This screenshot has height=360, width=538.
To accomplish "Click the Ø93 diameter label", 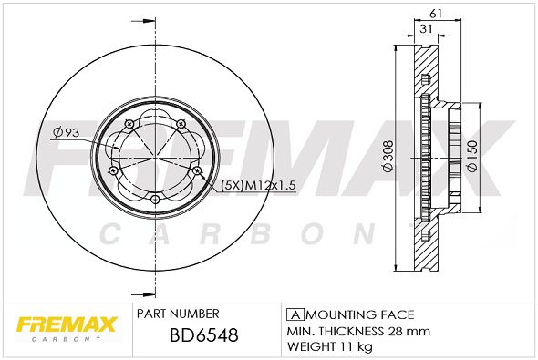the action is [67, 132].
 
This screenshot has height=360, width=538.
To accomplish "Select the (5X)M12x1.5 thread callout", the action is [258, 186].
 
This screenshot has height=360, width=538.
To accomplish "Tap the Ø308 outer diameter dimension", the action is [388, 157].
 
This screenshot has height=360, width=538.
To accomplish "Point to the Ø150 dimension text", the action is [472, 157].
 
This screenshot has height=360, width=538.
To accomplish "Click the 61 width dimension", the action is [436, 14].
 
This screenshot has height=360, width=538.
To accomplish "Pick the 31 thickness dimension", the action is [426, 29].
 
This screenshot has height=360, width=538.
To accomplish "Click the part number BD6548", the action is [204, 335].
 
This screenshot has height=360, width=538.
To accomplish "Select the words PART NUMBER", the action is [178, 314].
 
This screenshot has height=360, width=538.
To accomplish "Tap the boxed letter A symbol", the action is [295, 314].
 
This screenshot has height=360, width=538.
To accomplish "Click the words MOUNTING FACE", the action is [360, 314].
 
